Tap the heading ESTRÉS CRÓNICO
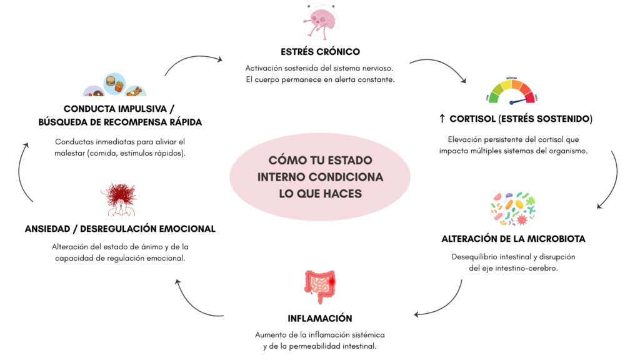point(320,51)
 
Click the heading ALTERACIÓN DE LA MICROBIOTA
point(513,239)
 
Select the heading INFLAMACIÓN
point(320,317)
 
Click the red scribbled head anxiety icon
point(119,200)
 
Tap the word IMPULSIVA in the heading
point(141,109)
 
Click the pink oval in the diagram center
point(320,177)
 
